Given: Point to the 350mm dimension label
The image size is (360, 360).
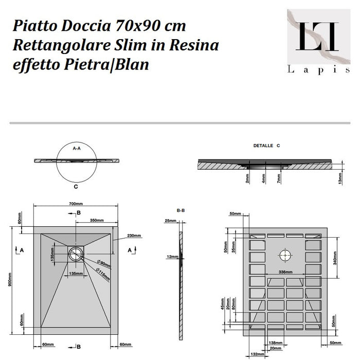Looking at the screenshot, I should coord(95,220).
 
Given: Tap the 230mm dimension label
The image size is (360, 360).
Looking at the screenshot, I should coord(134,236).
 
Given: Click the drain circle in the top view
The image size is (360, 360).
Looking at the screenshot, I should coord(76,252).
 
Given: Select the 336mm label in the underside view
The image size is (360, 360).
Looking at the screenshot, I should coord(285,272).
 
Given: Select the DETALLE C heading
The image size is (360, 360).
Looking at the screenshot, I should coord(266,146).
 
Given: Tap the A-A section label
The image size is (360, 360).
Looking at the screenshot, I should coord(77,148).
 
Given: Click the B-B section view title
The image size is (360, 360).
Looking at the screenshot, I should coord(181,210).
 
